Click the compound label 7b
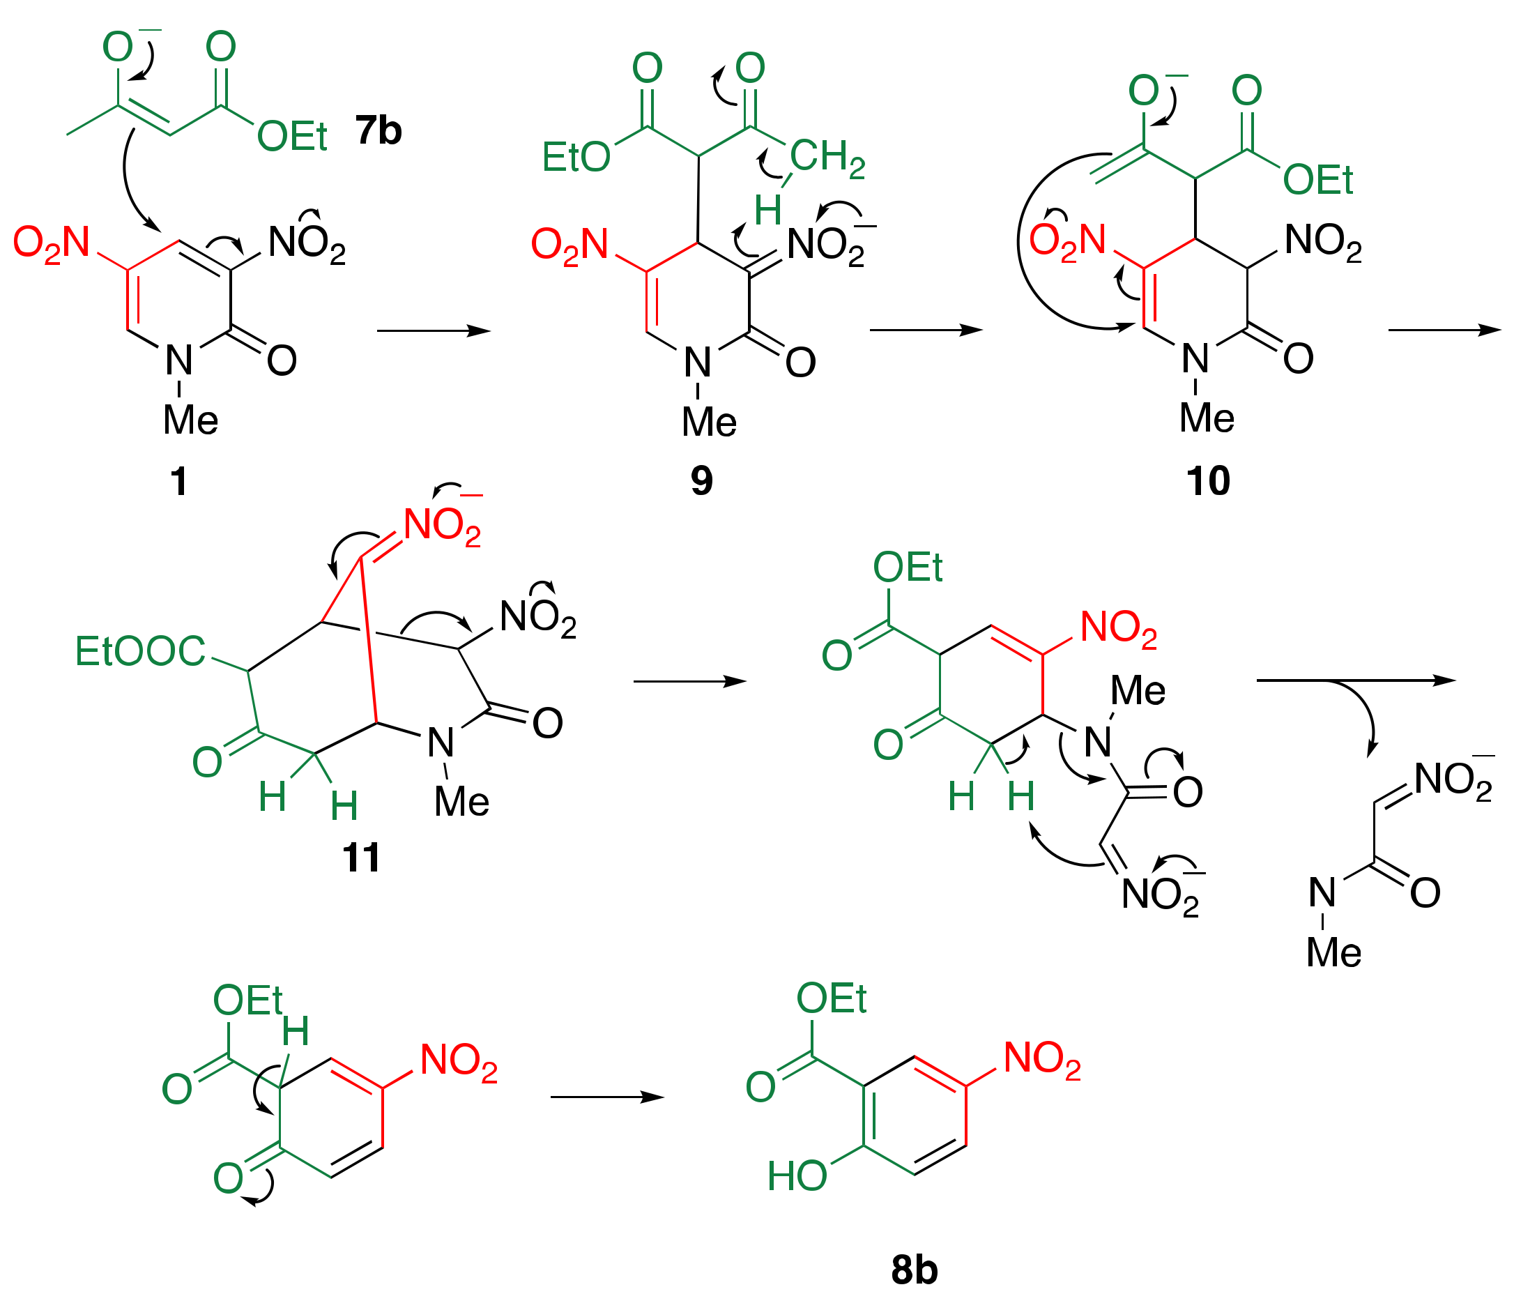point(378,131)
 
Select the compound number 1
point(178,482)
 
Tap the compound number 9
point(701,481)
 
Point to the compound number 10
point(1208,481)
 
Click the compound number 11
point(361,857)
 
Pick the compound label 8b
point(914,1269)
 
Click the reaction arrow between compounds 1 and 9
point(434,331)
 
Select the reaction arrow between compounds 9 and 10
point(926,330)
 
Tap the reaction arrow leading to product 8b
point(606,1097)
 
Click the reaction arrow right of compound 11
point(689,682)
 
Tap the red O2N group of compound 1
point(51,244)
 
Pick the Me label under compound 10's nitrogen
point(1207,418)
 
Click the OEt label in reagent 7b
point(292,136)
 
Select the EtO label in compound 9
point(576,157)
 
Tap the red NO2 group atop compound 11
point(443,526)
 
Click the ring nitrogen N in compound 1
point(179,360)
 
